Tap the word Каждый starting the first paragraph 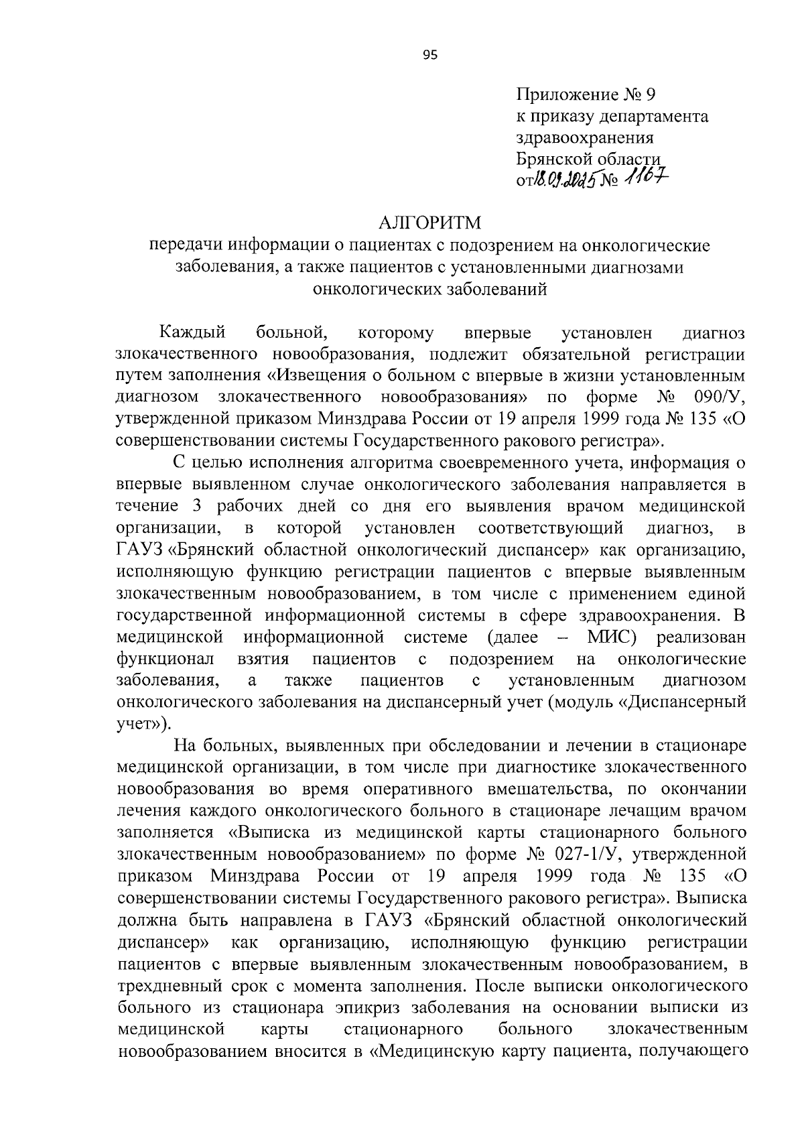pyautogui.click(x=193, y=332)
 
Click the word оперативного pyautogui.click(x=425, y=788)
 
